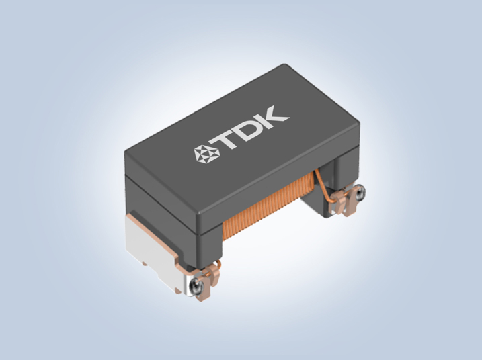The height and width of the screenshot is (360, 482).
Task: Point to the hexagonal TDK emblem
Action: point(203,152)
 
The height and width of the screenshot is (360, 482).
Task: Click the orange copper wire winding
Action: point(268,204)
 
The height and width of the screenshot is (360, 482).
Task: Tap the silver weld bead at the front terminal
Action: point(196,287)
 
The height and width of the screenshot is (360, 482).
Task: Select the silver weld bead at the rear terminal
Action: point(359,193)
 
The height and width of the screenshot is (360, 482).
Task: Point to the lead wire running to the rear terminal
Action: point(323,187)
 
